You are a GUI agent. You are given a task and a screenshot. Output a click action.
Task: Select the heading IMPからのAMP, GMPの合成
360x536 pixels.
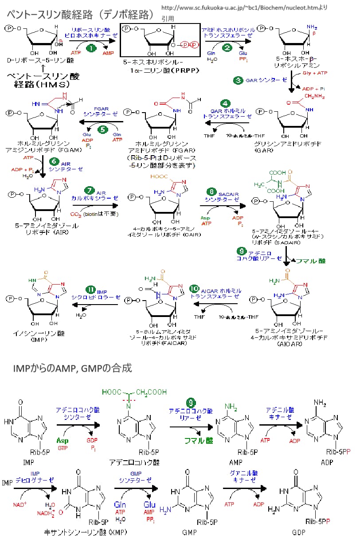pos(72,368)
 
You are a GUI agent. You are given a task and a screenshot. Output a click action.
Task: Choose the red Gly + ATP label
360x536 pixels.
pos(314,72)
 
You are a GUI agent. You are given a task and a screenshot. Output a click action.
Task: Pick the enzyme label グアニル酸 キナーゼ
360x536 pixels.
pos(242,477)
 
